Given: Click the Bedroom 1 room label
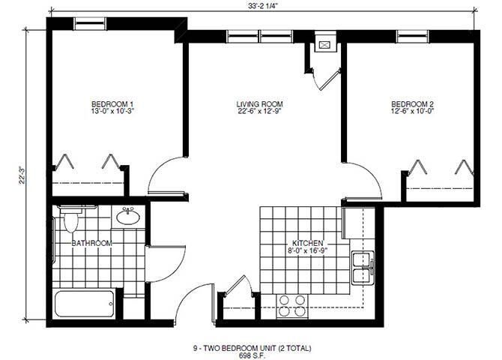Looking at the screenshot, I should point(112,103).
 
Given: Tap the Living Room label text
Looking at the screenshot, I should point(259,103).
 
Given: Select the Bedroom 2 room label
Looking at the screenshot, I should point(412,103).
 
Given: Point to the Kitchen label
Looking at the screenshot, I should point(308,244).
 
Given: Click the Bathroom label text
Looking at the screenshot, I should point(92,243).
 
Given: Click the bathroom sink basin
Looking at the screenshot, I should point(128,217).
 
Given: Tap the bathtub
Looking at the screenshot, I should point(85,304).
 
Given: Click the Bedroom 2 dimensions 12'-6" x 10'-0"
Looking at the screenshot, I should point(412,112).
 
